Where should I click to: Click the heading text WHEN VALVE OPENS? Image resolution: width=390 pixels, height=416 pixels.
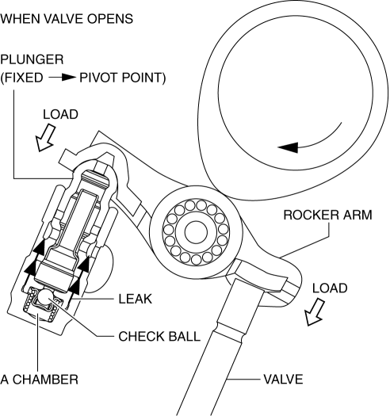click(x=67, y=19)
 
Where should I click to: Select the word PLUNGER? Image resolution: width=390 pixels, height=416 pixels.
click(x=32, y=59)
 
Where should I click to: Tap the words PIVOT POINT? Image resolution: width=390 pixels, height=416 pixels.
click(x=123, y=78)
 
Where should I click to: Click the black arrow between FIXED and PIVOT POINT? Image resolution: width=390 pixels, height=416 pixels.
click(x=63, y=78)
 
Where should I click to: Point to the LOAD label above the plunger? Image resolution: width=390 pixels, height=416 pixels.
click(x=60, y=115)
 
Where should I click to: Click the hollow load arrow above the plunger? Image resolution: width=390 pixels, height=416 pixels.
click(x=45, y=138)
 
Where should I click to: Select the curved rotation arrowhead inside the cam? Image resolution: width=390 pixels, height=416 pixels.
click(x=289, y=147)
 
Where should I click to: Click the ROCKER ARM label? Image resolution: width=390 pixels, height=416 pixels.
click(x=328, y=215)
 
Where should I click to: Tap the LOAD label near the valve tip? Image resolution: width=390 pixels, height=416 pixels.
click(x=330, y=288)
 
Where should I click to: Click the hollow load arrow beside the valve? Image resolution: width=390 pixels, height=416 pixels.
click(x=315, y=312)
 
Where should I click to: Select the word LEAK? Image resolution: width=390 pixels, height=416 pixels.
click(x=135, y=299)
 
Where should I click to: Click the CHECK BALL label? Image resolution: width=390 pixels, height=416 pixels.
click(x=159, y=337)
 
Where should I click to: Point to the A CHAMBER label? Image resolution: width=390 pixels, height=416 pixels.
click(x=40, y=380)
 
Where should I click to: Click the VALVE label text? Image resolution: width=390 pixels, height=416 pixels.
click(x=283, y=380)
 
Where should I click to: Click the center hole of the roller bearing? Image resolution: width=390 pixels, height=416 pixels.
click(x=196, y=231)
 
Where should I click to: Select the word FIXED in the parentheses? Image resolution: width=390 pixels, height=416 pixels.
click(x=23, y=78)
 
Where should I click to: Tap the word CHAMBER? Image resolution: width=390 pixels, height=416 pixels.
click(x=45, y=380)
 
